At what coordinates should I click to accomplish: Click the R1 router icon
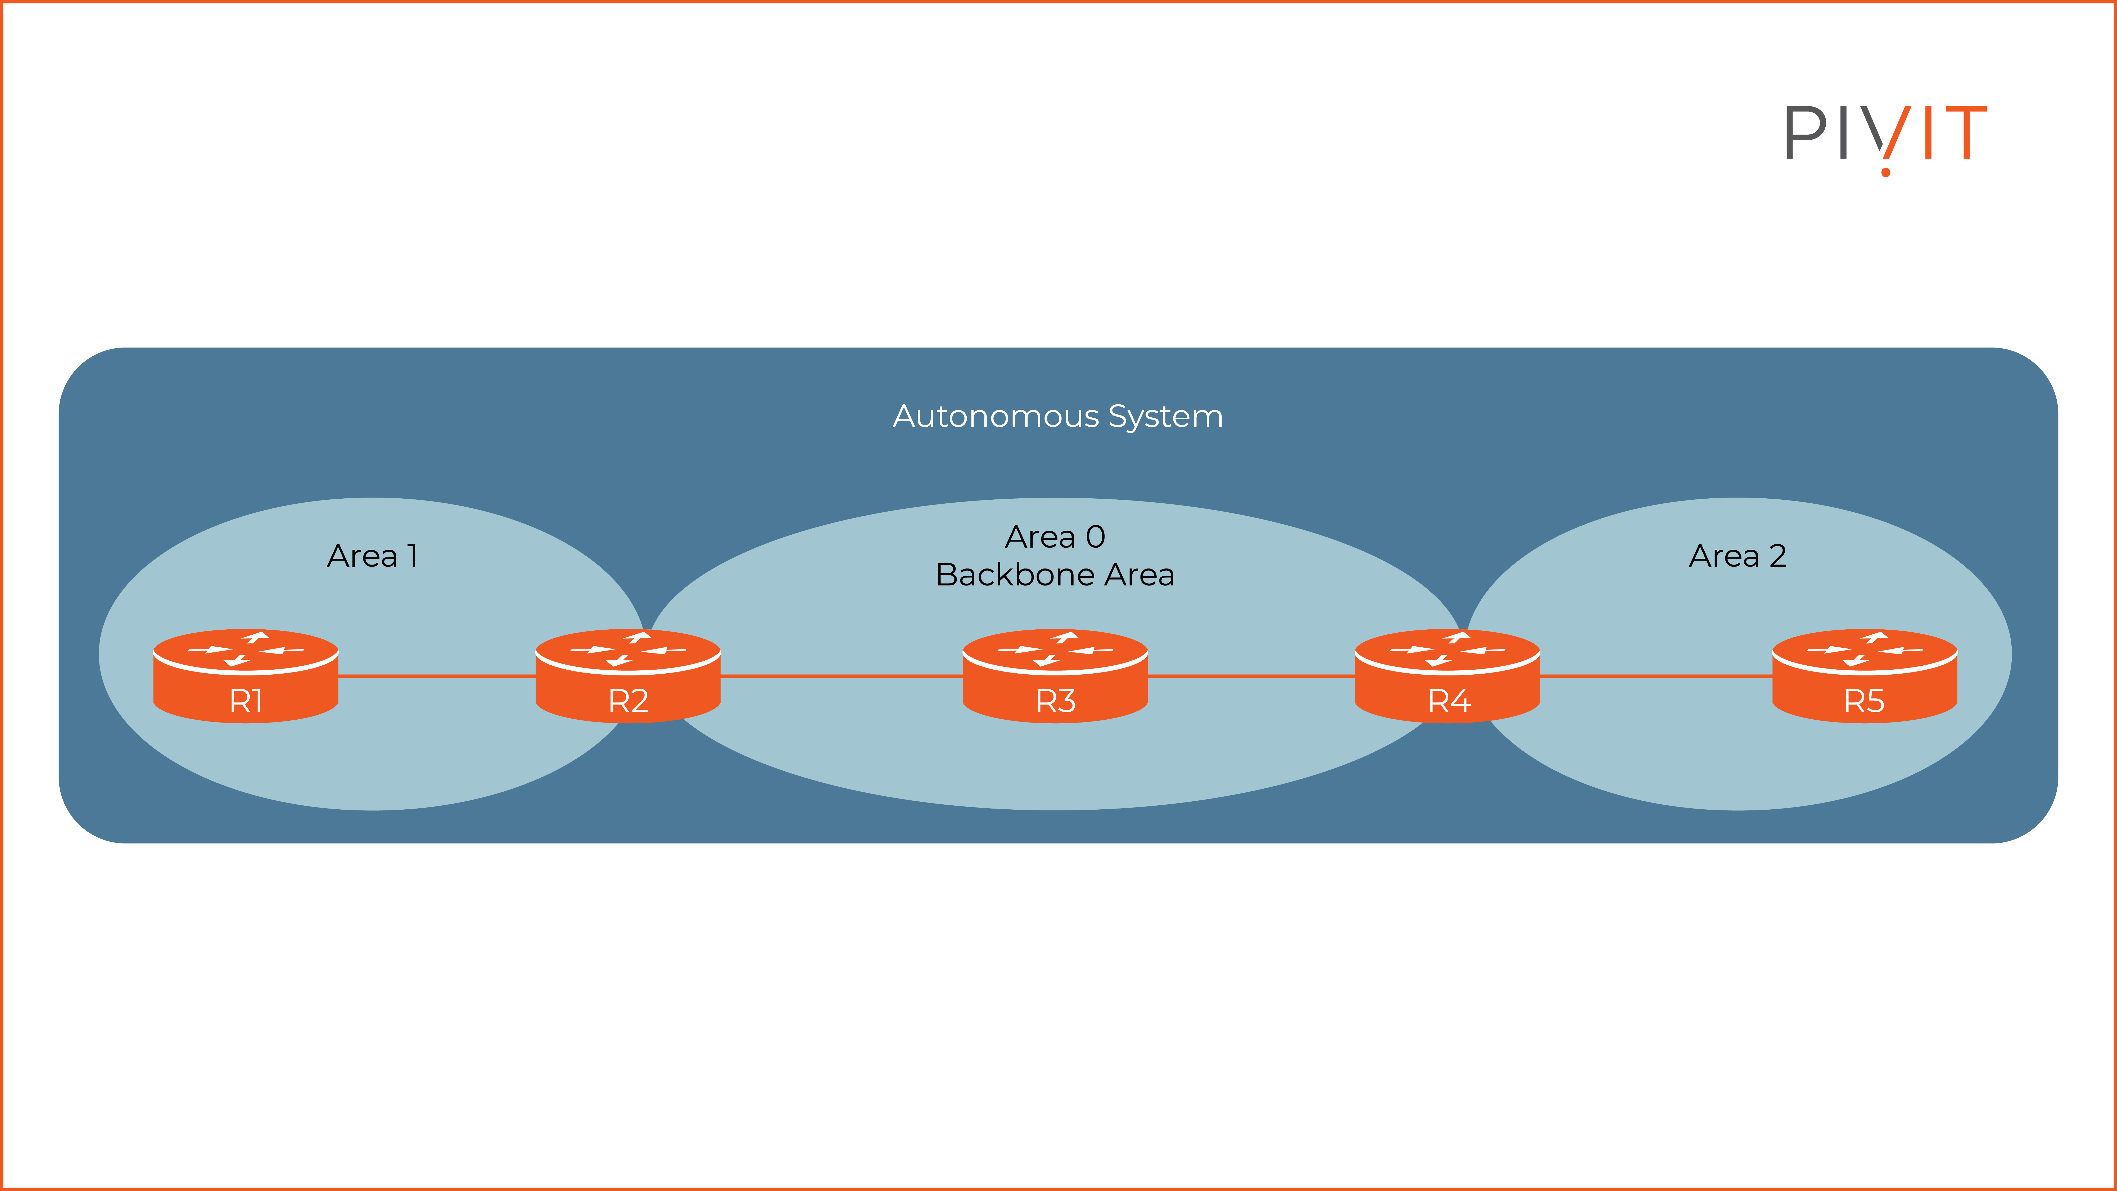click(246, 676)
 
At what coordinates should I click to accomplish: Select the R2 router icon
click(628, 676)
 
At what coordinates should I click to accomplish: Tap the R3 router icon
click(1055, 676)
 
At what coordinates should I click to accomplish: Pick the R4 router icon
click(1447, 676)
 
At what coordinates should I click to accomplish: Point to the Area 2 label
click(1737, 556)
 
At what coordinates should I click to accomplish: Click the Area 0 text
click(1055, 537)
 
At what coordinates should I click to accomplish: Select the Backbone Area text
click(1055, 575)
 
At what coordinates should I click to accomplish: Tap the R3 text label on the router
click(1055, 701)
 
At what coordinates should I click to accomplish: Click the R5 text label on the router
click(1864, 701)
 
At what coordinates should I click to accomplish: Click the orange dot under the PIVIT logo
click(1885, 173)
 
